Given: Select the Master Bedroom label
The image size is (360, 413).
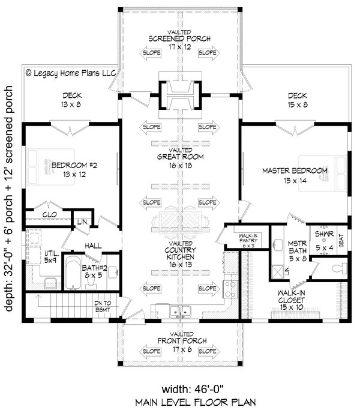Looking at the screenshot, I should [x=295, y=175].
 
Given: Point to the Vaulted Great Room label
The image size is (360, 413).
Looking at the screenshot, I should [x=180, y=159].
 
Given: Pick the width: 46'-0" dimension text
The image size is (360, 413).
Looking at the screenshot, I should [x=180, y=387].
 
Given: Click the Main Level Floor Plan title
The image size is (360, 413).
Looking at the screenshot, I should [x=180, y=403].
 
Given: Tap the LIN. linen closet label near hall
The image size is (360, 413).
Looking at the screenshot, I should [x=82, y=223].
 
